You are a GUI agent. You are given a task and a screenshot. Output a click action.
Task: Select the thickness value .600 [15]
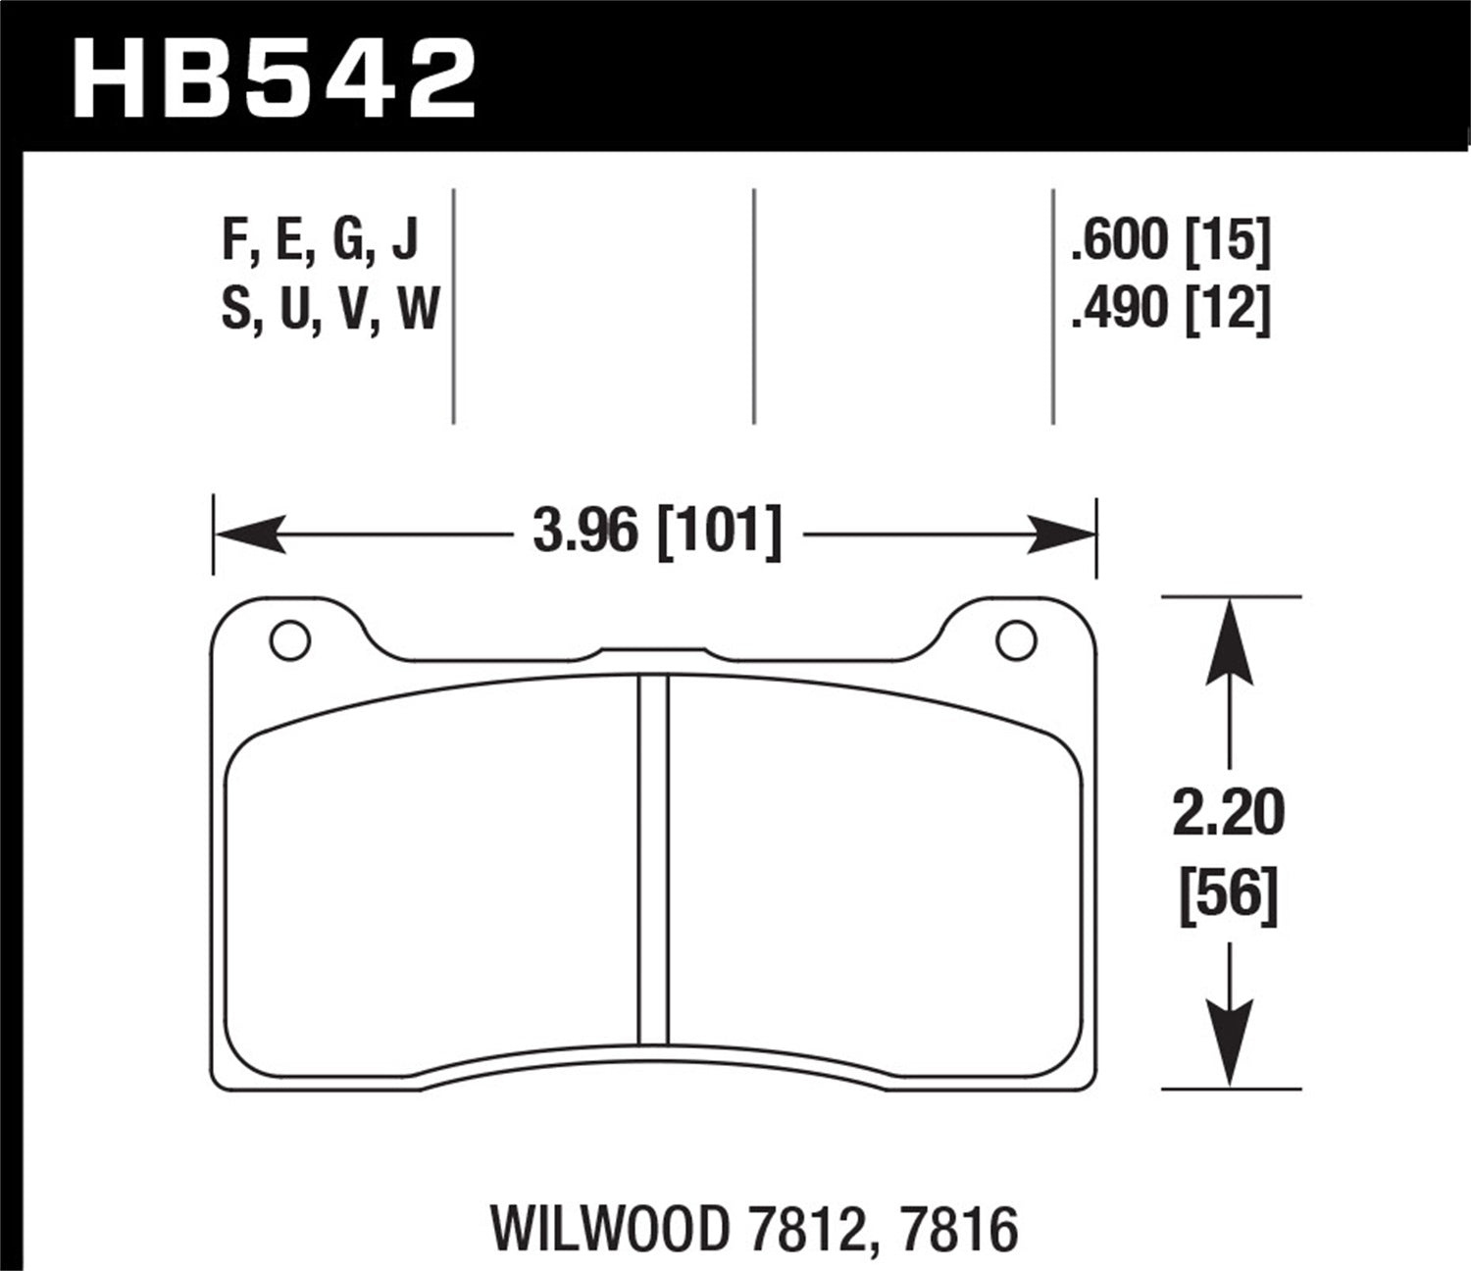click(1171, 241)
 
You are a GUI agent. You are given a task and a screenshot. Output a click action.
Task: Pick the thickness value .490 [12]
click(1171, 310)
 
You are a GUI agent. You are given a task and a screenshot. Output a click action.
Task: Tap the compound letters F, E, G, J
click(321, 241)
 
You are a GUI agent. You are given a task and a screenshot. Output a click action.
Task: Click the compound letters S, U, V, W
click(330, 310)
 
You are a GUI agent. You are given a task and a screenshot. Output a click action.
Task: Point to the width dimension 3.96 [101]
click(656, 534)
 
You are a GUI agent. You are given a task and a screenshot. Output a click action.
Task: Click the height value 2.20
click(1228, 814)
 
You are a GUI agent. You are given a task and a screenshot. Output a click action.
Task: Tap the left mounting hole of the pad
click(289, 641)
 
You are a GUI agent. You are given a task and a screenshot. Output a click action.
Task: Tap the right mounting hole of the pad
click(1015, 641)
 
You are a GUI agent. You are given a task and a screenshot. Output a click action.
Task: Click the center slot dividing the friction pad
click(653, 859)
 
